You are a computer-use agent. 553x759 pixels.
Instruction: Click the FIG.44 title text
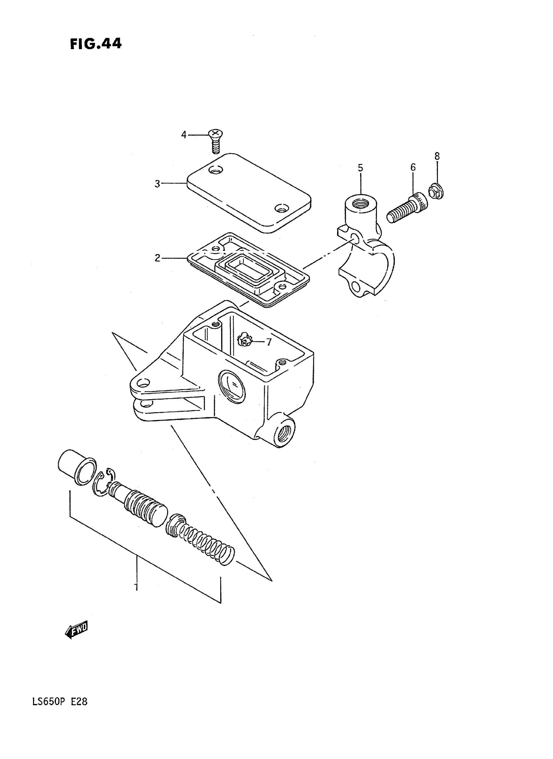coord(96,44)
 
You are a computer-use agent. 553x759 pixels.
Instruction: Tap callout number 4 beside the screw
coord(184,135)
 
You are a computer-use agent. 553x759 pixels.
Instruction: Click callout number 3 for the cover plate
coord(157,184)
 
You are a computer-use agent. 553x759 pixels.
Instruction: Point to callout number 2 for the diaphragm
coord(157,258)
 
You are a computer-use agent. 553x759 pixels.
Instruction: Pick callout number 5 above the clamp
coord(360,168)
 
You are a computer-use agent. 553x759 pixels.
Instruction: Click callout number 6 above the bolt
coord(413,168)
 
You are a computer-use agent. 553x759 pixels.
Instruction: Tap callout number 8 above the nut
coord(437,156)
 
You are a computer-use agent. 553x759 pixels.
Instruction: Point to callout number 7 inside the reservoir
coord(269,342)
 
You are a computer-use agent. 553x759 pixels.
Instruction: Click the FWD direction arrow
coord(77,631)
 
